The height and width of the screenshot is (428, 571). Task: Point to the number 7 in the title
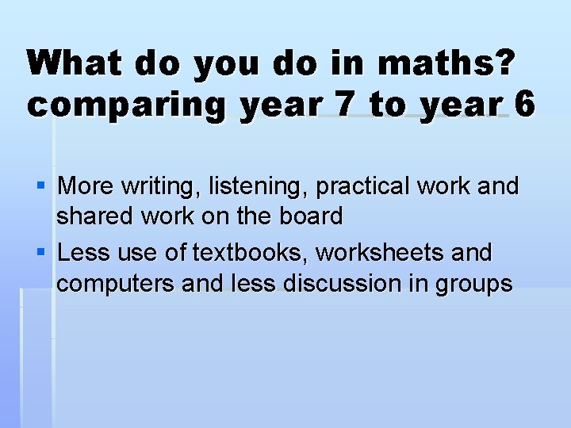[x=343, y=104]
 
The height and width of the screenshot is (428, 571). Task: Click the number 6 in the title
[x=523, y=104]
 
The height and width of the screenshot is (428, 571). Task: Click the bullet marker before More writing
[x=41, y=186]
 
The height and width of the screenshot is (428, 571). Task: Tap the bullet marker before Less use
[x=41, y=254]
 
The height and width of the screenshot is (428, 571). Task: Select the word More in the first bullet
[x=86, y=186]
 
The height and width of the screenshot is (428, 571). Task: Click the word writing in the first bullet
[x=162, y=187]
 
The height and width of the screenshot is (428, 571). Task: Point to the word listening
[x=258, y=187]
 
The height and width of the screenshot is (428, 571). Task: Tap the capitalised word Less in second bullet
[x=82, y=254]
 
